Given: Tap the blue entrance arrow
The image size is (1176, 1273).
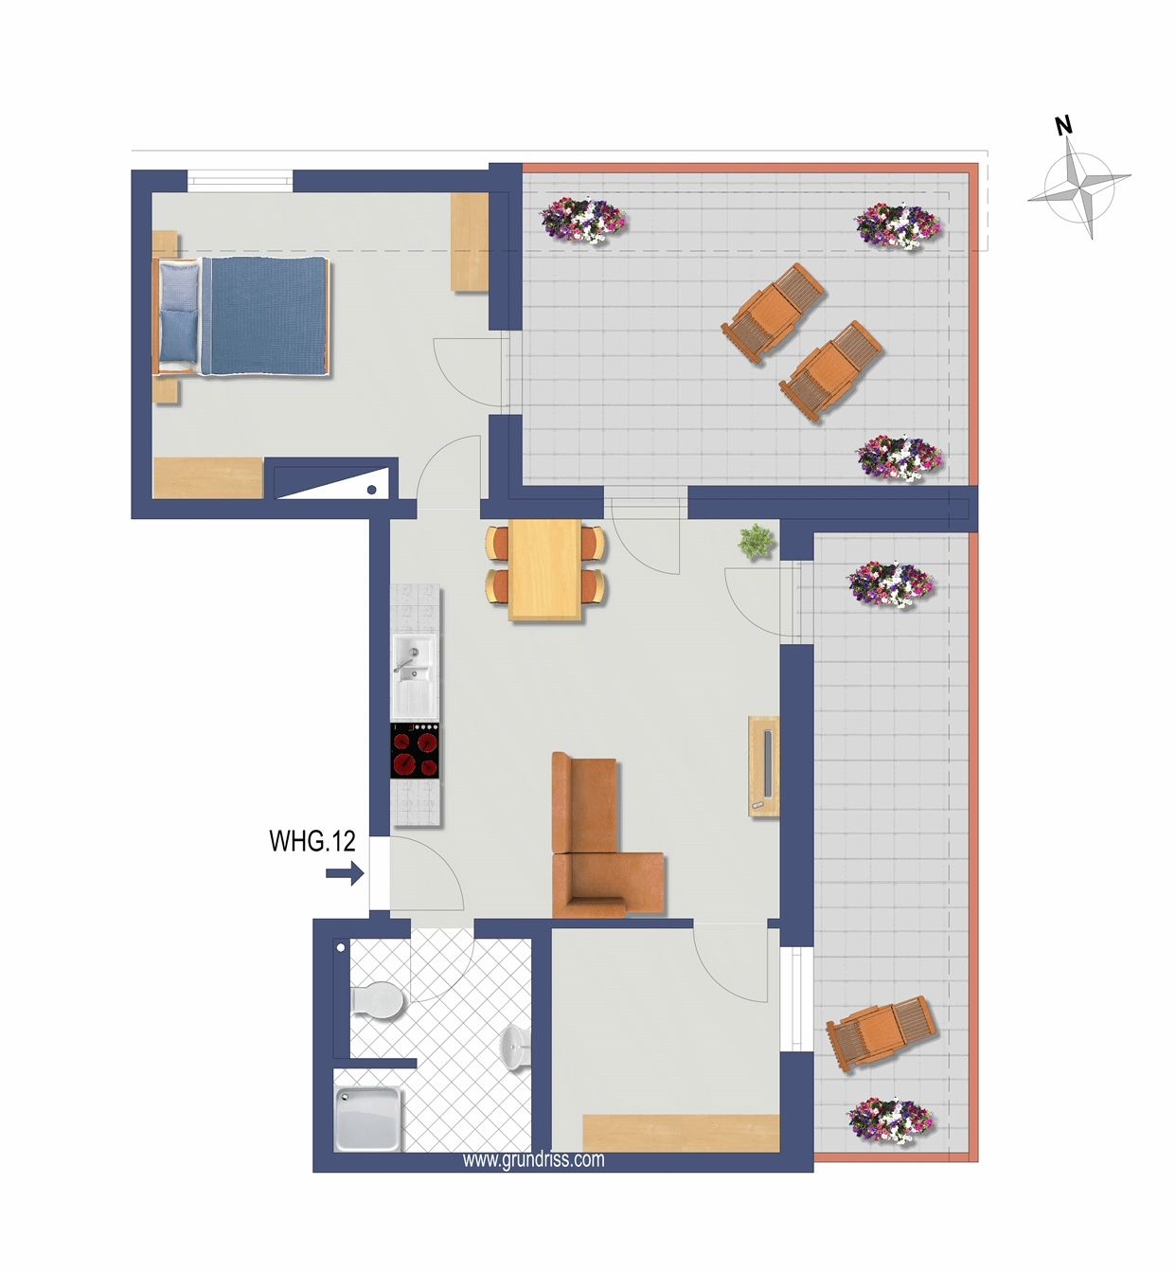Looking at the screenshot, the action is click(x=345, y=873).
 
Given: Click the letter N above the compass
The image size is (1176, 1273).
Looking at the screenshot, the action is click(x=1064, y=126).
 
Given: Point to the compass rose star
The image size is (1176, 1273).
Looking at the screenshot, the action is click(x=1079, y=188).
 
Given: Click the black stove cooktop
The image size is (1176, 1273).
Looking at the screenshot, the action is click(x=416, y=751).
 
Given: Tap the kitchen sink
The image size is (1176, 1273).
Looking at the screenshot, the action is click(x=415, y=676).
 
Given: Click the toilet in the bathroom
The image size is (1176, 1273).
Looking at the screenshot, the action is click(x=377, y=999).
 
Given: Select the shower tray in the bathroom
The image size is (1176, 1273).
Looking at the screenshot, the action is click(x=368, y=1118).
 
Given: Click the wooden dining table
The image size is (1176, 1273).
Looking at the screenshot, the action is click(x=544, y=570).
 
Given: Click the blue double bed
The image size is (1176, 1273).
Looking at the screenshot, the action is click(x=241, y=315).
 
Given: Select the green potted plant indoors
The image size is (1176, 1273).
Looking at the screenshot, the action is click(x=757, y=542).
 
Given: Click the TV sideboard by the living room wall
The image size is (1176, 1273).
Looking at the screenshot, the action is click(x=764, y=766).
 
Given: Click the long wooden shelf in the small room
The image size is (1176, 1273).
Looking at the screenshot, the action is click(x=681, y=1134).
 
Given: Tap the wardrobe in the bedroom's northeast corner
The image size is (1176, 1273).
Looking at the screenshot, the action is click(x=470, y=242).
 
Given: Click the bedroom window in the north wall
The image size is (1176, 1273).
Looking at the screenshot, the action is click(x=241, y=180).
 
